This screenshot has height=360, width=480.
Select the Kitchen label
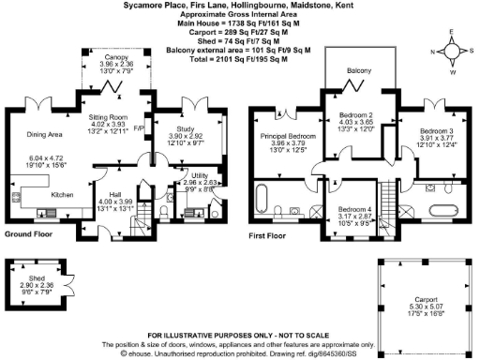coord(62,194)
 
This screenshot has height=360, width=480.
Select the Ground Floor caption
coord(30,232)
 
